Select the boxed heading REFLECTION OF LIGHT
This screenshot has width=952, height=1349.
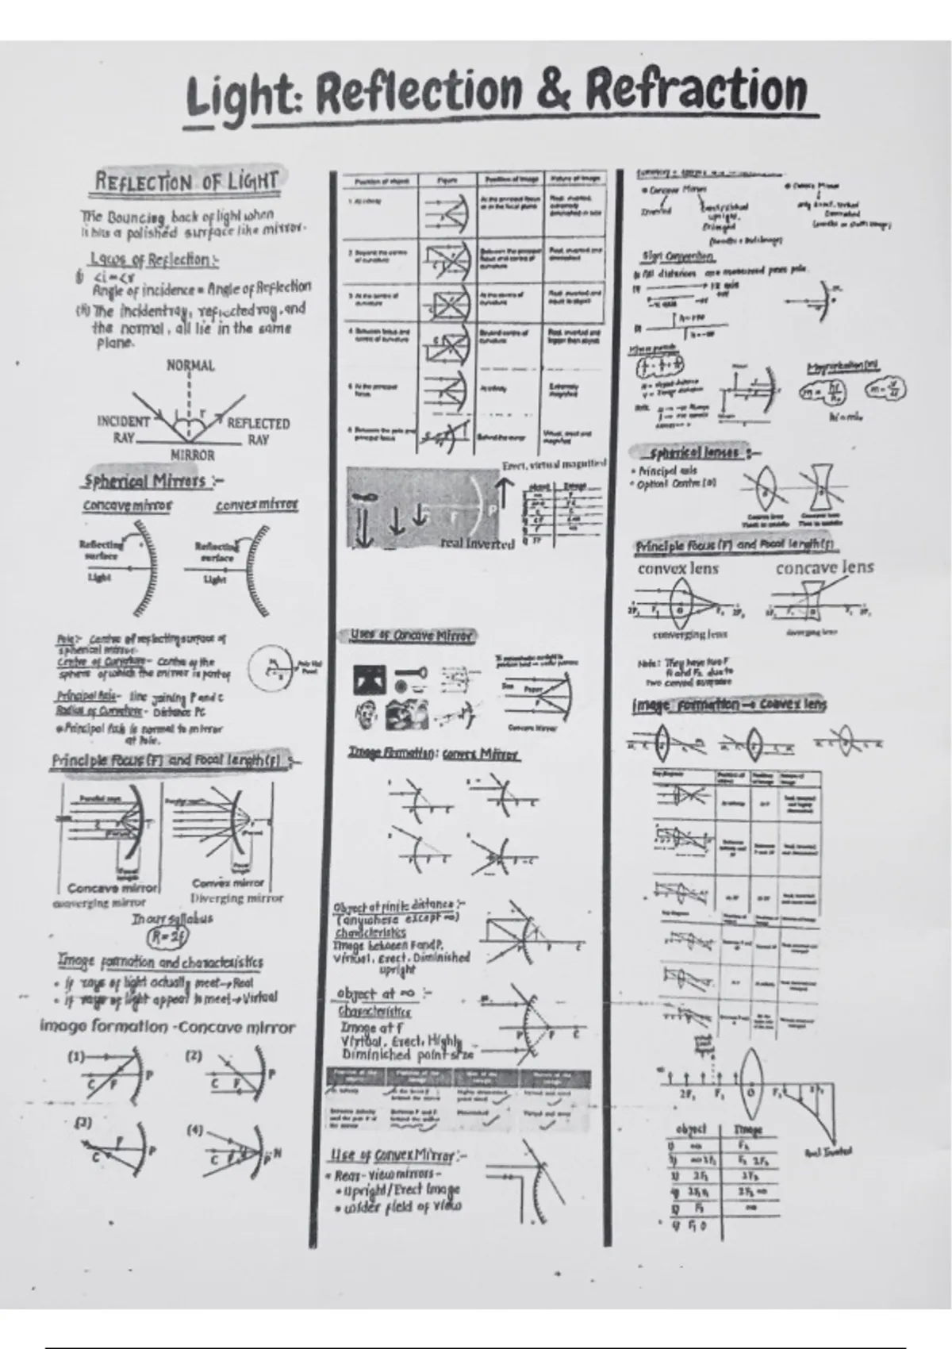[187, 182]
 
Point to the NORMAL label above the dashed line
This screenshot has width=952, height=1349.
[190, 366]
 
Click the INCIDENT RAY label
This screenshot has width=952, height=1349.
[123, 429]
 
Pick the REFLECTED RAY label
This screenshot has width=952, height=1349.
[258, 431]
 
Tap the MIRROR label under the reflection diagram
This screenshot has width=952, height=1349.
[193, 455]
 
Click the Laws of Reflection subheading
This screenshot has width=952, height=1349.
[155, 259]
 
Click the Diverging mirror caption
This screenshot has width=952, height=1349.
[236, 898]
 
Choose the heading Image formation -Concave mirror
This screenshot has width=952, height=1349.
[167, 1028]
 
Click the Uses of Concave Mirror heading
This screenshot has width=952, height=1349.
[412, 636]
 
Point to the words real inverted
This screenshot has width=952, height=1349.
[477, 544]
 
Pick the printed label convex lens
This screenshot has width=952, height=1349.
[678, 568]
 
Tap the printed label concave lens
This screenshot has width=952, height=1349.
[824, 567]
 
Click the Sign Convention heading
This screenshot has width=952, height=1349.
[678, 257]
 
